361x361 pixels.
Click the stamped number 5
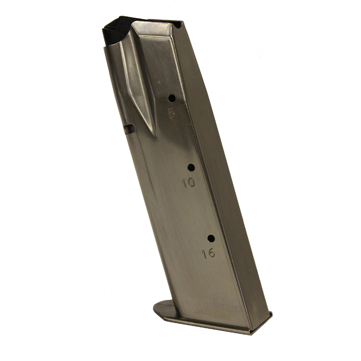coord(172,113)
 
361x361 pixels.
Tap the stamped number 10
coord(188,183)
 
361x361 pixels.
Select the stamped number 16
coord(209,253)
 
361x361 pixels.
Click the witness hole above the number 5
coord(172,98)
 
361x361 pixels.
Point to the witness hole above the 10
coord(191,167)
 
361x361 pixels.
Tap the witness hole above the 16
coord(211,238)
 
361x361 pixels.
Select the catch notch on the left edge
coord(129,129)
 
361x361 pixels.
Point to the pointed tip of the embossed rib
coord(154,135)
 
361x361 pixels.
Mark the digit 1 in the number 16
coord(204,254)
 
